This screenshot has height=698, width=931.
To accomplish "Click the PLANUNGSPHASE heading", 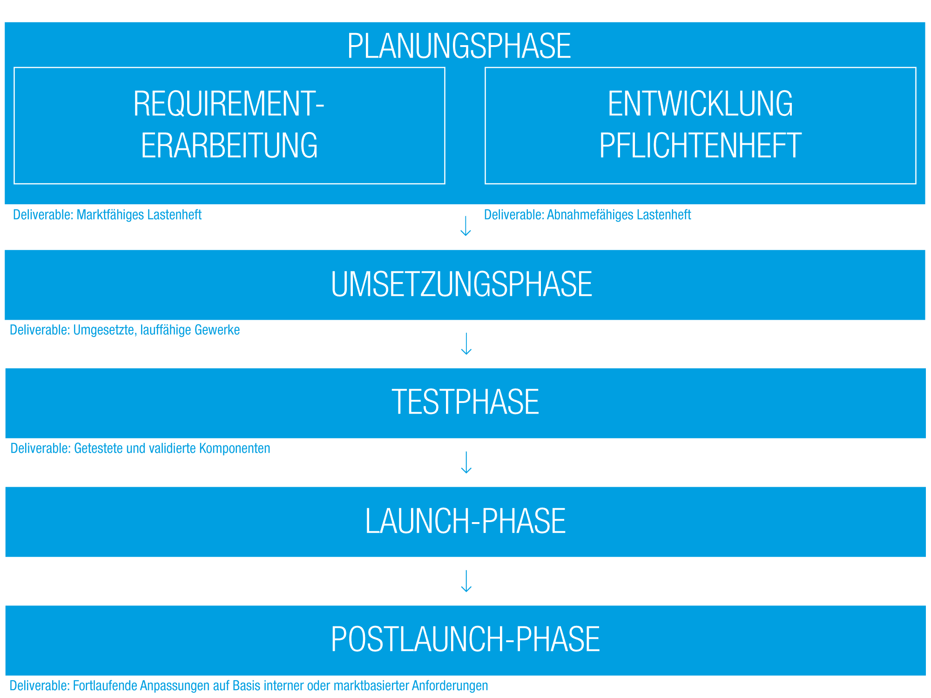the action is pos(459,46).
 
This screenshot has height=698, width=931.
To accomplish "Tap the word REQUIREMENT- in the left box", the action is pos(229,103).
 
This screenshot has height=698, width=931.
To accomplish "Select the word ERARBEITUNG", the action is pos(229,145).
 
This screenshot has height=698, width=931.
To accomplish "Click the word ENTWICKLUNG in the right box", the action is pos(700,103).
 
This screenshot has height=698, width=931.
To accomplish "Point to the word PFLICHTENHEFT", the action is pos(700,145).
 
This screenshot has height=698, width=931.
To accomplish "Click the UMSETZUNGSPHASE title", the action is pos(461,284).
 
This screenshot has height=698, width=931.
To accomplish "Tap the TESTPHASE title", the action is pos(465,402).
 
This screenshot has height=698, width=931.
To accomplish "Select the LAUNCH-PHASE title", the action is pos(465,521).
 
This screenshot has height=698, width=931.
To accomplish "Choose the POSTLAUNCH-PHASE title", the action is pos(465,639).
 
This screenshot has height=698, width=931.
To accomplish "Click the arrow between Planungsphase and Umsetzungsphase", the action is pos(465,226).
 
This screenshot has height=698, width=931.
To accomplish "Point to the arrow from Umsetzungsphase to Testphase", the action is pos(466,344).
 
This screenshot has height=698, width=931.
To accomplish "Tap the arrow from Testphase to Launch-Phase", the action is pos(466,463).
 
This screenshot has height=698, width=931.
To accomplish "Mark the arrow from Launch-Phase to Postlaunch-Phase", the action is pos(466,581).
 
